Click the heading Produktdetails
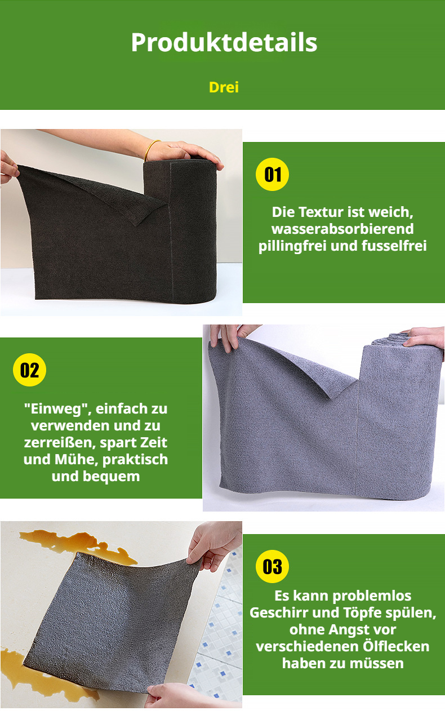[x=224, y=43]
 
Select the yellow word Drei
[x=224, y=87]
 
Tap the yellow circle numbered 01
[x=272, y=174]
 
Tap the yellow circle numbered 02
[x=29, y=370]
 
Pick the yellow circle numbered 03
[x=272, y=566]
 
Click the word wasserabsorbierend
[x=342, y=229]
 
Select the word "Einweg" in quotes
[x=48, y=408]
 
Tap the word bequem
[x=108, y=476]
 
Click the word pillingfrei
[x=292, y=246]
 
